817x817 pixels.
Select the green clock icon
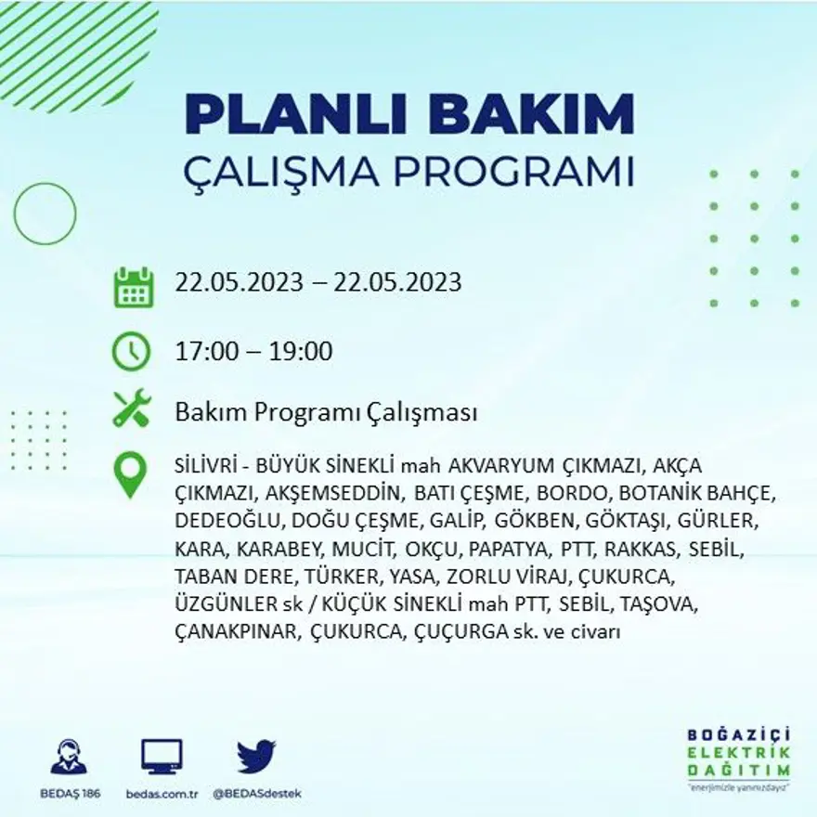132,352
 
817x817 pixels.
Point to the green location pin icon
131,473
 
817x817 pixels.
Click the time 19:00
302,352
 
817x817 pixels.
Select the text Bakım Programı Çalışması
326,411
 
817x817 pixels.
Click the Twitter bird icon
256,756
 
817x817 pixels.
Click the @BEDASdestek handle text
257,794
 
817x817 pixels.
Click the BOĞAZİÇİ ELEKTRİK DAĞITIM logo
739,758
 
